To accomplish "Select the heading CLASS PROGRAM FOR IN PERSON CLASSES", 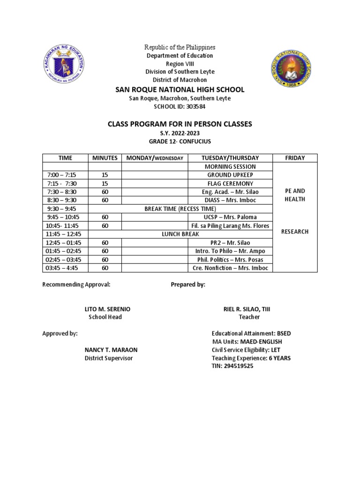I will (180, 124).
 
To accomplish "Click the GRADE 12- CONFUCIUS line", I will (180, 141).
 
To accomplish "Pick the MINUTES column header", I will (105, 158).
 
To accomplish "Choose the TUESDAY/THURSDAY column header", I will (230, 158).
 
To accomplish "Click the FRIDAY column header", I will (295, 158).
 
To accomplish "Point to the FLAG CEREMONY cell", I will (230, 183).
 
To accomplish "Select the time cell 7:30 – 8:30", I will (65, 192).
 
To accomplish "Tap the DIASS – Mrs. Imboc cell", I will (230, 200).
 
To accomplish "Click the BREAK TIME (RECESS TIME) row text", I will (180, 209).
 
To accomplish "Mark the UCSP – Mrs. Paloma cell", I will (230, 217).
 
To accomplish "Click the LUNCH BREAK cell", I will (180, 234).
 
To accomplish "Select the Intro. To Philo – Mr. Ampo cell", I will (230, 251).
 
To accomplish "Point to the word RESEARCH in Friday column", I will (295, 232).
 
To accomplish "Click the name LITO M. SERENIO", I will (107, 309).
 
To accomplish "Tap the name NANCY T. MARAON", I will (111, 350).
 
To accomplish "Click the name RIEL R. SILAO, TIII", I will (248, 309).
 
